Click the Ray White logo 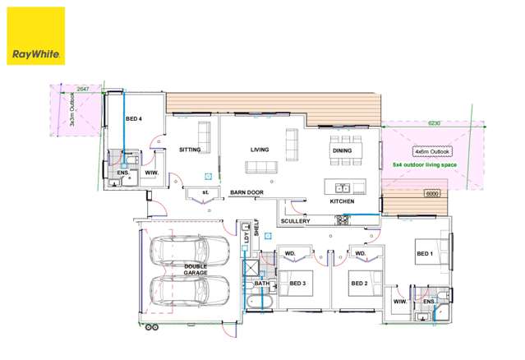pyautogui.click(x=35, y=37)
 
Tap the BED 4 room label pyautogui.click(x=133, y=120)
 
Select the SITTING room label pyautogui.click(x=191, y=150)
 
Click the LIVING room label pyautogui.click(x=260, y=150)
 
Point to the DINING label pyautogui.click(x=342, y=151)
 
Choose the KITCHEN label pyautogui.click(x=342, y=201)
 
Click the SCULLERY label pyautogui.click(x=295, y=221)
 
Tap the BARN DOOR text pyautogui.click(x=246, y=192)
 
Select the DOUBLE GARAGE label pyautogui.click(x=196, y=271)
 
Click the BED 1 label pyautogui.click(x=425, y=253)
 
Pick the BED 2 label pyautogui.click(x=359, y=284)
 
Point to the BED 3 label pyautogui.click(x=297, y=284)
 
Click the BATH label pyautogui.click(x=261, y=284)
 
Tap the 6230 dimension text pyautogui.click(x=435, y=123)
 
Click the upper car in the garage pyautogui.click(x=189, y=249)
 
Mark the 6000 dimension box pyautogui.click(x=432, y=193)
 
